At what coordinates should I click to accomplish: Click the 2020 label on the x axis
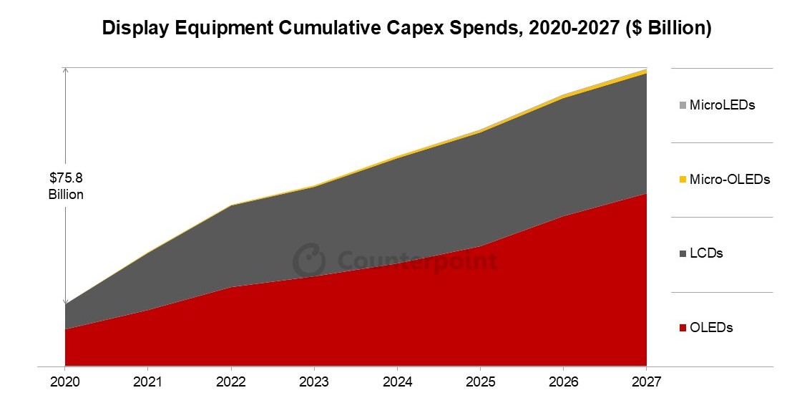pos(65,382)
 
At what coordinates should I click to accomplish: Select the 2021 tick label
pos(148,382)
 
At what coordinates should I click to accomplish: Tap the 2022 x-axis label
pos(231,382)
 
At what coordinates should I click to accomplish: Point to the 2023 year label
pos(315,382)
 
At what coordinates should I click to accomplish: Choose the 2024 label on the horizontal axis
pos(398,382)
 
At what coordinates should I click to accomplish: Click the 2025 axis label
pos(481,382)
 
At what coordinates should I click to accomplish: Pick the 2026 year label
pos(564,382)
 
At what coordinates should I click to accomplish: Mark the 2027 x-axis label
pos(647,382)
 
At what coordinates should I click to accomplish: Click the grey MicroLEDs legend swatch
pos(683,106)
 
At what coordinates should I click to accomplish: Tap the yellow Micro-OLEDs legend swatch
pos(683,180)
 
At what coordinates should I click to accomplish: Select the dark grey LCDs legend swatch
pos(683,254)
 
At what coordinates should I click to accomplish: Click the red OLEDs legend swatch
pos(683,329)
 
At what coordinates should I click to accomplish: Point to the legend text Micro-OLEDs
pos(730,180)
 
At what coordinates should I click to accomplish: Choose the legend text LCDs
pos(706,254)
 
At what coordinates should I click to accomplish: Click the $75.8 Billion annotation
pos(66,186)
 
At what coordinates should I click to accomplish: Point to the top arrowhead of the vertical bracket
pos(65,70)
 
